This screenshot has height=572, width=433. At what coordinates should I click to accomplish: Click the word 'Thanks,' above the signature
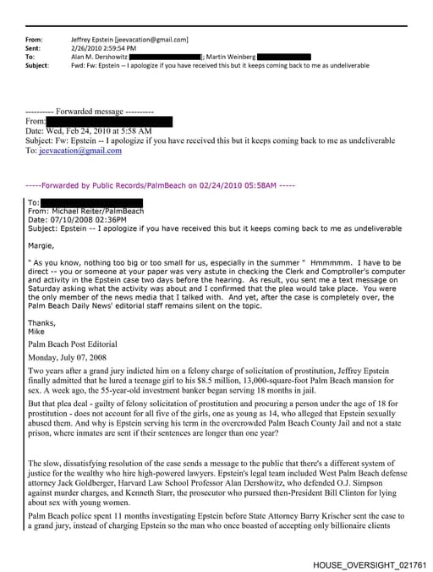coord(41,322)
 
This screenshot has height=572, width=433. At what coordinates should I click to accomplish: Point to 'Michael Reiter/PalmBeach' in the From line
coord(99,212)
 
